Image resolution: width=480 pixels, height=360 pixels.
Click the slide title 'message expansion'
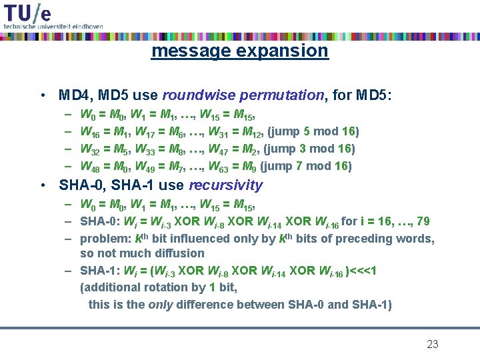point(239,51)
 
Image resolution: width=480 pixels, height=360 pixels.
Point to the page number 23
point(433,344)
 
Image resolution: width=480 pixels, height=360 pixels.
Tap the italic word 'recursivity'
point(227,185)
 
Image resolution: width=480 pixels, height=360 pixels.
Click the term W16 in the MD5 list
point(89,132)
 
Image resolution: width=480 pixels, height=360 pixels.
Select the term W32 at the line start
point(89,149)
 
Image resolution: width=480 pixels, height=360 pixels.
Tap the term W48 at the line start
point(89,167)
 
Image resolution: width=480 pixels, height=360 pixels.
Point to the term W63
point(219,167)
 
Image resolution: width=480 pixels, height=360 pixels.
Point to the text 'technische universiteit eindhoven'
point(53,26)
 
